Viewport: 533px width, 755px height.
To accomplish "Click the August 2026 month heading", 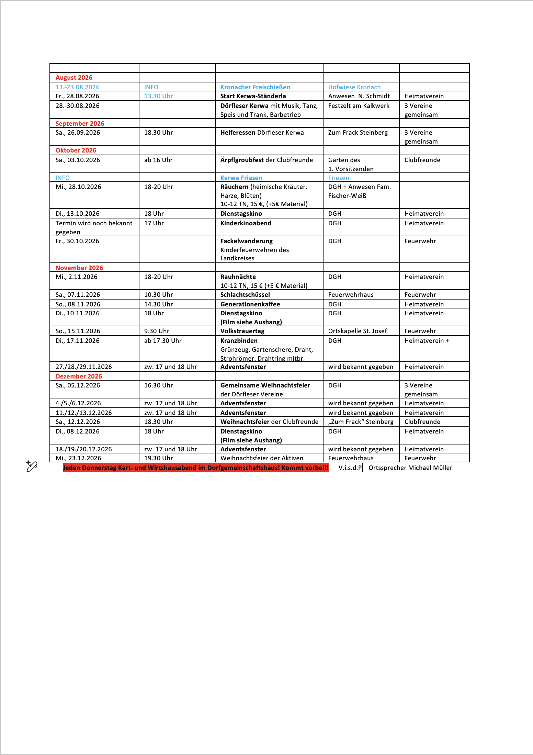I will pyautogui.click(x=74, y=78).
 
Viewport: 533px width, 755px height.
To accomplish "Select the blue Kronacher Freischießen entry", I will pyautogui.click(x=255, y=87).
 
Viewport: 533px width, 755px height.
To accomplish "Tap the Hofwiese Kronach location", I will pyautogui.click(x=354, y=87).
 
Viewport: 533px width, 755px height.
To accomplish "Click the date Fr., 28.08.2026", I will pyautogui.click(x=77, y=96).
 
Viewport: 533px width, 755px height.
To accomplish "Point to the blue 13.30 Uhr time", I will pyautogui.click(x=158, y=96).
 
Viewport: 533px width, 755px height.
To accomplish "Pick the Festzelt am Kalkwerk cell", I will pyautogui.click(x=359, y=106).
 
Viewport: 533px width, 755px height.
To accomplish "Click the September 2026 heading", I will pyautogui.click(x=80, y=124).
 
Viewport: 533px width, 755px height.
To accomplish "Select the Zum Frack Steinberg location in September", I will pyautogui.click(x=358, y=133).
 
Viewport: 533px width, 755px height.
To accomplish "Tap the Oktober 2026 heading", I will pyautogui.click(x=76, y=150).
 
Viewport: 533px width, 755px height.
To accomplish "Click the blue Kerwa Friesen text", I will pyautogui.click(x=241, y=178).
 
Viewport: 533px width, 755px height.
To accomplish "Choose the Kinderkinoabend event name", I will pyautogui.click(x=246, y=223).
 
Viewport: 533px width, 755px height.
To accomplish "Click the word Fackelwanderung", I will pyautogui.click(x=246, y=241).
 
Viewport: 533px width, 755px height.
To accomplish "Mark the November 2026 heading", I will pyautogui.click(x=79, y=268).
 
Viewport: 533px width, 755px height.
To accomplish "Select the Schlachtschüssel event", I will pyautogui.click(x=245, y=295).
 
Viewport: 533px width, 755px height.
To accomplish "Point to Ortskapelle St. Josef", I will pyautogui.click(x=358, y=331).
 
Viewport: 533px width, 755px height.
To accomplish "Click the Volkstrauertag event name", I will pyautogui.click(x=242, y=331).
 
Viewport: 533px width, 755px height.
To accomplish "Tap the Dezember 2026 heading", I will pyautogui.click(x=79, y=376).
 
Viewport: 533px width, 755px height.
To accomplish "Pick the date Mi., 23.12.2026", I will pyautogui.click(x=78, y=458).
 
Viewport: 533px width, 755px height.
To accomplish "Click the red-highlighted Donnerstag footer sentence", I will pyautogui.click(x=196, y=468).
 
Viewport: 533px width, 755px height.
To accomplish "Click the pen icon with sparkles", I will pyautogui.click(x=32, y=466).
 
